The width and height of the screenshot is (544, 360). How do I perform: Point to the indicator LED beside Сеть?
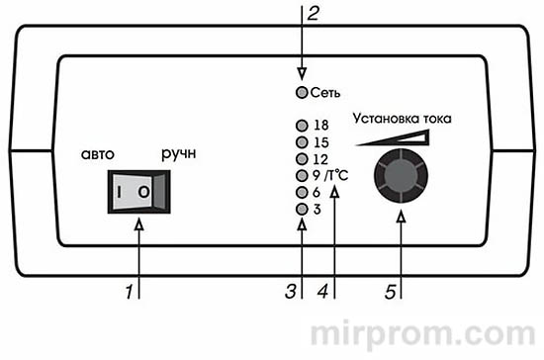[x=301, y=93]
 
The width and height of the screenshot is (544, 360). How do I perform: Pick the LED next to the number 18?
[x=301, y=126]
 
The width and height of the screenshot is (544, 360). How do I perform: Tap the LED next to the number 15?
[x=301, y=141]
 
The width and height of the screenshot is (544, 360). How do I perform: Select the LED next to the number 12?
[x=301, y=158]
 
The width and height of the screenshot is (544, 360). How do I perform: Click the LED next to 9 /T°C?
[x=301, y=175]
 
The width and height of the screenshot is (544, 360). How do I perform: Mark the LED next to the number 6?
[x=301, y=192]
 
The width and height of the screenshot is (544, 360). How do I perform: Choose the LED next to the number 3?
[x=301, y=209]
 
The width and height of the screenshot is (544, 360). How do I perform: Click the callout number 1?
[x=128, y=293]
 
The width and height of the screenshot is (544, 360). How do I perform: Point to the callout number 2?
[x=314, y=14]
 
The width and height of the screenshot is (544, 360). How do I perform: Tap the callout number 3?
[x=290, y=293]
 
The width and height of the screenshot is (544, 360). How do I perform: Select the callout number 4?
[x=320, y=293]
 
